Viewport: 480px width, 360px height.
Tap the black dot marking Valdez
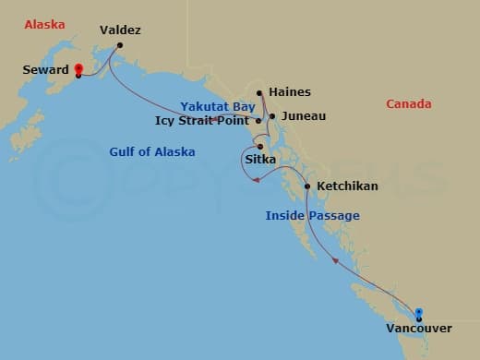[x=120, y=44]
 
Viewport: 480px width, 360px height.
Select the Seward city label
[x=47, y=69]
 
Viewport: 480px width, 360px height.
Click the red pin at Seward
[x=78, y=69]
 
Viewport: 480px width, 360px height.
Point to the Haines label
[x=290, y=92]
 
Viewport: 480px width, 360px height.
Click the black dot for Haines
[x=260, y=92]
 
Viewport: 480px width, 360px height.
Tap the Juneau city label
[x=304, y=117]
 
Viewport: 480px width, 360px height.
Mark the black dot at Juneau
[x=272, y=116]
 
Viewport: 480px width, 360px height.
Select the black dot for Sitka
[x=260, y=146]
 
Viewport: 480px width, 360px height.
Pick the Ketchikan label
[x=347, y=186]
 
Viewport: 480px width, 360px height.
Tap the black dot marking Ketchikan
[x=307, y=186]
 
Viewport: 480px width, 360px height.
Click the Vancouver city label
[x=420, y=329]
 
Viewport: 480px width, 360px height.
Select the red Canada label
[x=408, y=104]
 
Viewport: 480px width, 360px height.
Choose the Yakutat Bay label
[x=217, y=107]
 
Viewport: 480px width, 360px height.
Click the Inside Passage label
[x=312, y=216]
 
